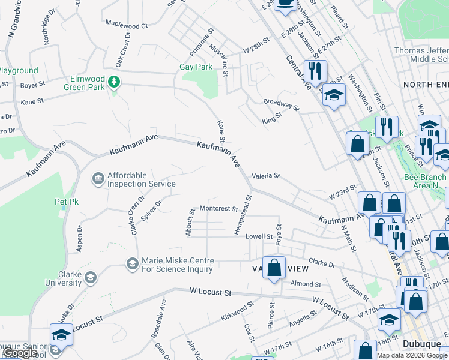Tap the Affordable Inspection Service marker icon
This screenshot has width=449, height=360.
[97, 178]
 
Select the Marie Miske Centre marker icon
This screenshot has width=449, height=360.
[131, 263]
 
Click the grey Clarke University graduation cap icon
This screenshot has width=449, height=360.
[90, 277]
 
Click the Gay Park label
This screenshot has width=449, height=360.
[196, 67]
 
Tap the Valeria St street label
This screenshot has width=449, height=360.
[265, 176]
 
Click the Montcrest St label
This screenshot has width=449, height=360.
[219, 208]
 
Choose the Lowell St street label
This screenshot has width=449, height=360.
[259, 237]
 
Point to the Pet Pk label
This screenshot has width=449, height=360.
[67, 202]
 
